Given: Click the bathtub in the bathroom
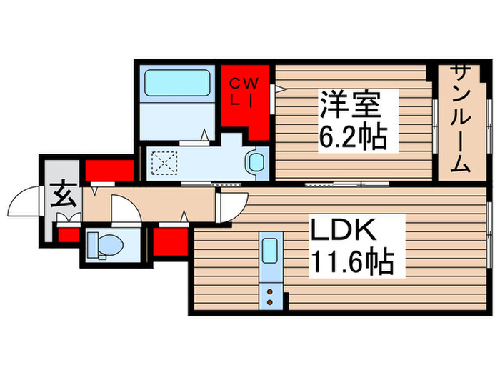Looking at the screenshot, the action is tap(177, 83).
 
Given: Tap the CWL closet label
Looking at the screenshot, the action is tap(244, 92).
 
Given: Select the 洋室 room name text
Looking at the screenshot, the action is tap(351, 105).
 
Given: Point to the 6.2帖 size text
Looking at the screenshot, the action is tap(353, 138).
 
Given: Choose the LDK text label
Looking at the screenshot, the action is tap(344, 229).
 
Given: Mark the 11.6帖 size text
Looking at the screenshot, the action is tap(352, 262).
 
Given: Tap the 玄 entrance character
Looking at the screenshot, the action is tap(64, 194).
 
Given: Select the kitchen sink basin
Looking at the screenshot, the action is tap(270, 251).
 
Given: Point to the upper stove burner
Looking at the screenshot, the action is tap(270, 291).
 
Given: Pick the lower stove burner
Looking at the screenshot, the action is tap(270, 301).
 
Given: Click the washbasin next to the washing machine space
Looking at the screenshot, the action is tap(256, 163).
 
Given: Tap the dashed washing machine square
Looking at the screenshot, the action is tap(164, 163).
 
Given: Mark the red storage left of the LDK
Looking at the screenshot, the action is tap(171, 241).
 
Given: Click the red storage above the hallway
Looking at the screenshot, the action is tap(109, 170).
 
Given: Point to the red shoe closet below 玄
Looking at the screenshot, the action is tap(69, 235).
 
